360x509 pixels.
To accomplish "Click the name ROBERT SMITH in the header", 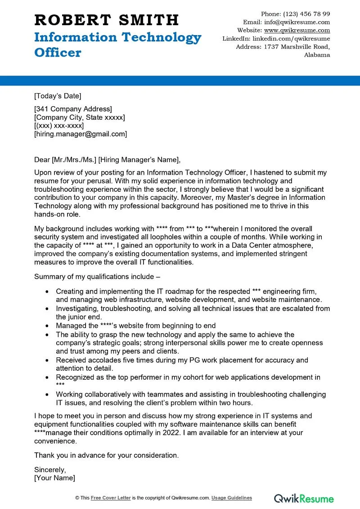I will tap(107, 20).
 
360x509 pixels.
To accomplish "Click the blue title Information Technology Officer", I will tap(117, 45).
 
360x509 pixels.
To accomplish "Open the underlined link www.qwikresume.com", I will tap(297, 31).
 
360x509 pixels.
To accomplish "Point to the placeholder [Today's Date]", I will tap(58, 96).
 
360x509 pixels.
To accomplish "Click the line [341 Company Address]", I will tap(73, 109).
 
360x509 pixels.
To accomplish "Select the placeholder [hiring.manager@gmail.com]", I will tap(81, 134).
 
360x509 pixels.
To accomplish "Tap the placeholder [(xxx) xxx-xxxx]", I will tap(59, 126).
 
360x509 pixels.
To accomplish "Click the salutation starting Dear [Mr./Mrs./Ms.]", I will tap(107, 159).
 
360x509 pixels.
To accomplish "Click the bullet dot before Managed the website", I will tap(47, 326).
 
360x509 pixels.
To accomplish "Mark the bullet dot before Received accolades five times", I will tap(47, 360).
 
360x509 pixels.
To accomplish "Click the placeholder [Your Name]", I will tap(54, 477).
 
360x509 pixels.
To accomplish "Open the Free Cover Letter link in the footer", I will tap(111, 498).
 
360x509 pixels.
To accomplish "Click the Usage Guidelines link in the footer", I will tap(232, 498).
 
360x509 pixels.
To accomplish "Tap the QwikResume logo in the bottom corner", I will tap(304, 498).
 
